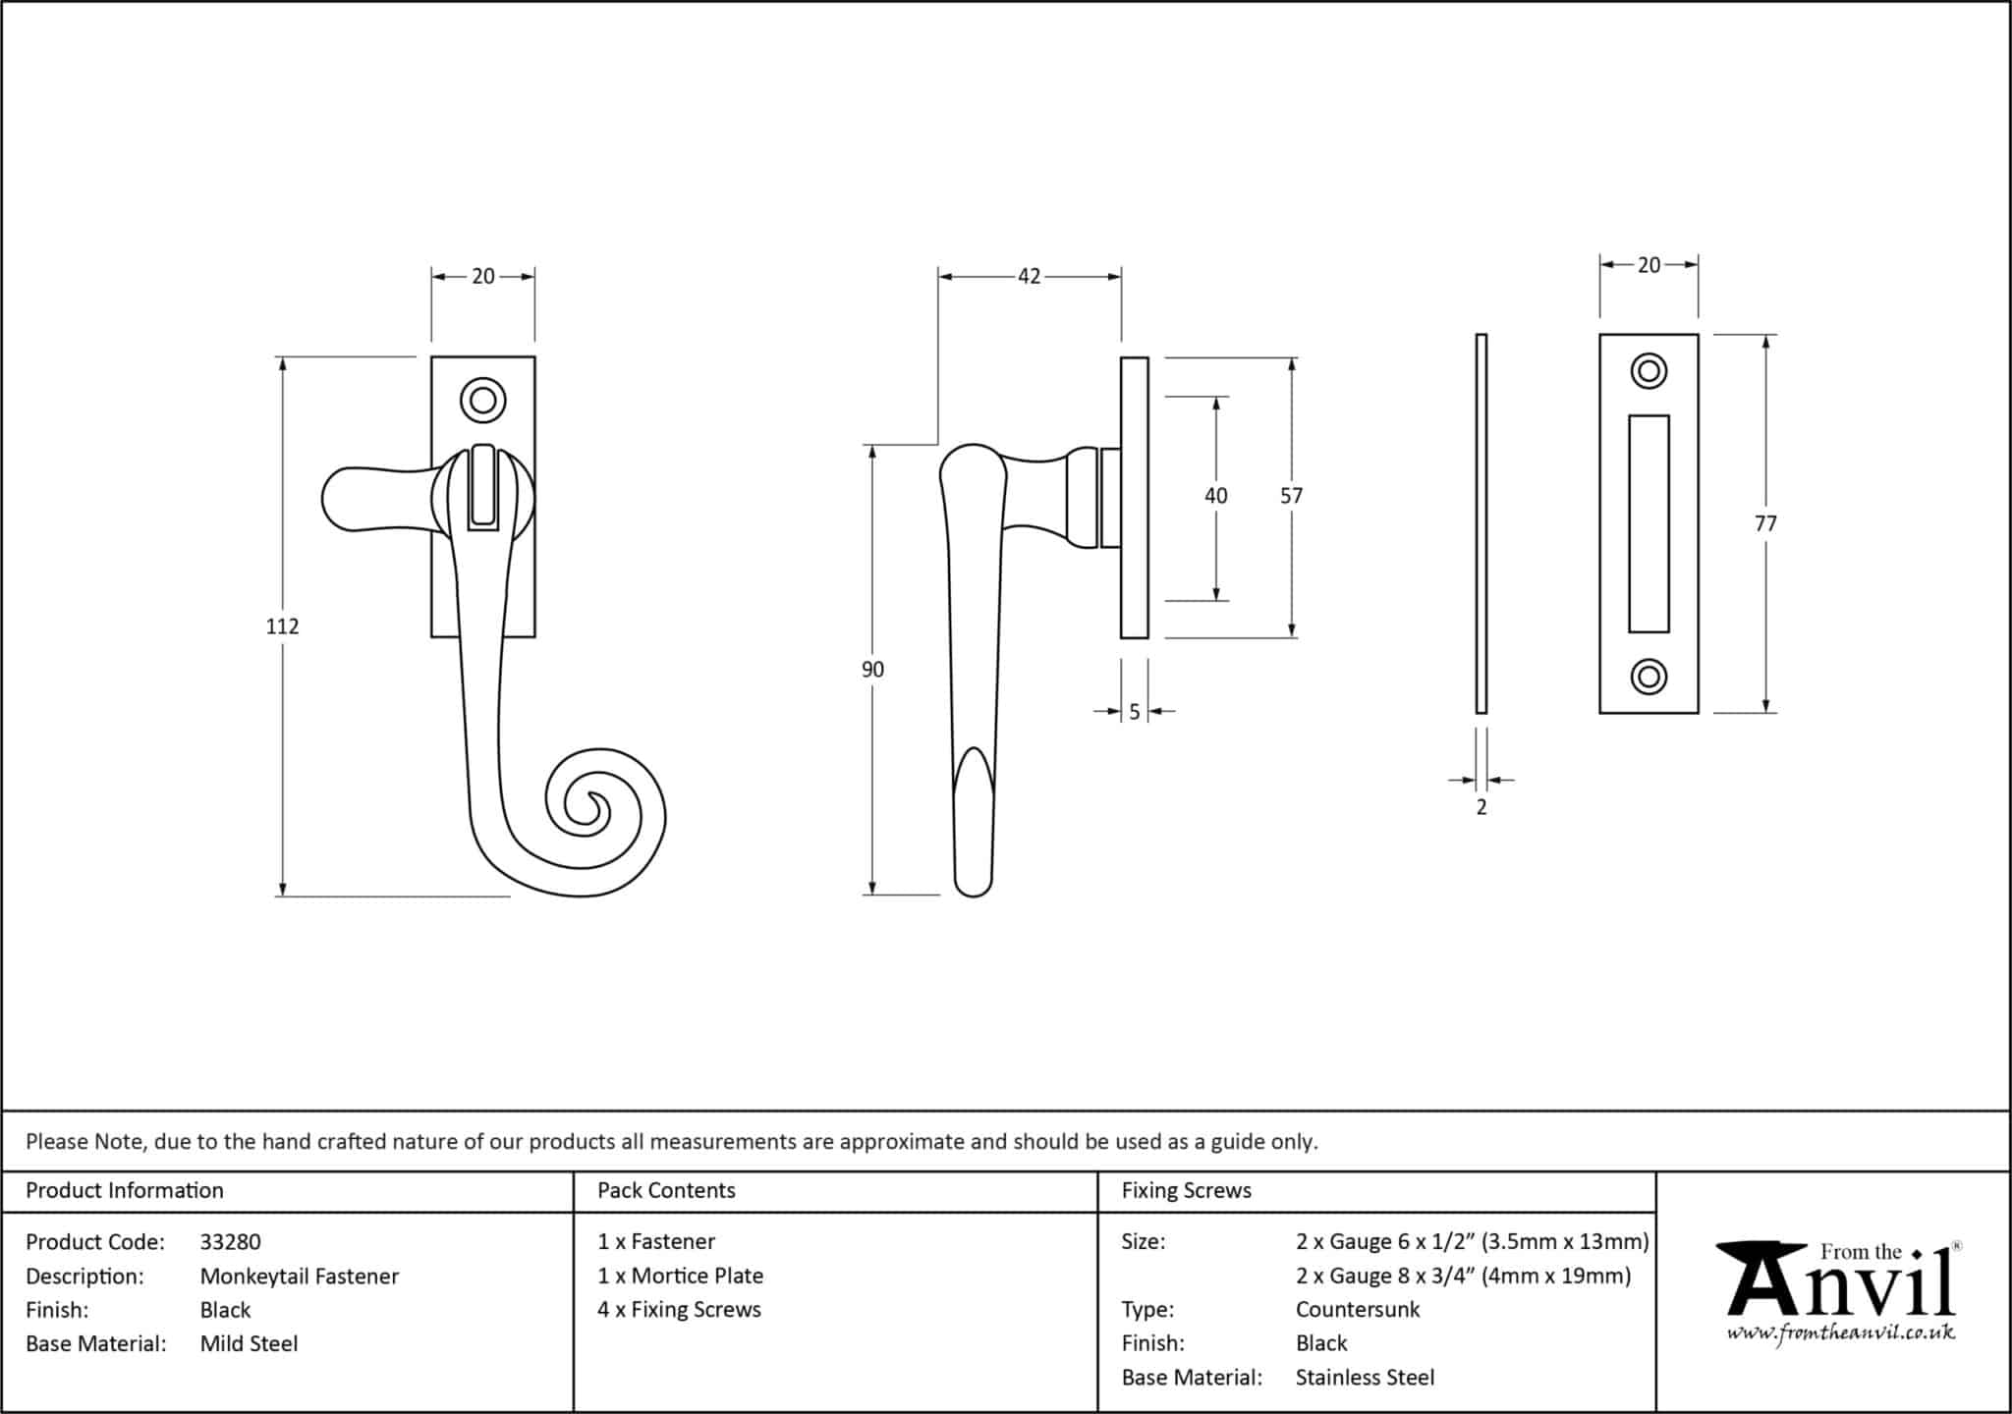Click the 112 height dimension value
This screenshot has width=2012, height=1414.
coord(282,626)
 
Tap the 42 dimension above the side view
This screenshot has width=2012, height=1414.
coord(1029,277)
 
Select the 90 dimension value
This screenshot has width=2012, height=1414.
coord(872,670)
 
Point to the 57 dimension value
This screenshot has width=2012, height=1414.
coord(1291,496)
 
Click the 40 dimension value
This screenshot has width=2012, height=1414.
coord(1215,496)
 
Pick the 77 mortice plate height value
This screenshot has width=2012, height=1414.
coord(1765,523)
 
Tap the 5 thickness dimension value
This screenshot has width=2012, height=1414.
coord(1134,712)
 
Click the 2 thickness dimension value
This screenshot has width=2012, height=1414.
coord(1481,807)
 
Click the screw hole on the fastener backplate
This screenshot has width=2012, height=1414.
coord(482,401)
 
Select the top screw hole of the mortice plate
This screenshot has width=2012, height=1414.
coord(1649,371)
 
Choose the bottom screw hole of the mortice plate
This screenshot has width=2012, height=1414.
coord(1649,677)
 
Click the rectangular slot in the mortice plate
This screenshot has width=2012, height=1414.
coord(1649,523)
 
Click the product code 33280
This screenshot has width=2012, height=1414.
coord(230,1242)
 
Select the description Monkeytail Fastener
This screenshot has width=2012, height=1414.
coord(300,1277)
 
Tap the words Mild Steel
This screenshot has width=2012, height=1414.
coord(249,1344)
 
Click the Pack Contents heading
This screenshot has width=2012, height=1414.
coord(666,1191)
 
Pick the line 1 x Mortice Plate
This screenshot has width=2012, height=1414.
coord(680,1277)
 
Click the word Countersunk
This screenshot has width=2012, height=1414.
coord(1358,1310)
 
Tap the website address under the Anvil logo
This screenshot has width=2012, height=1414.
coord(1841,1333)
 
